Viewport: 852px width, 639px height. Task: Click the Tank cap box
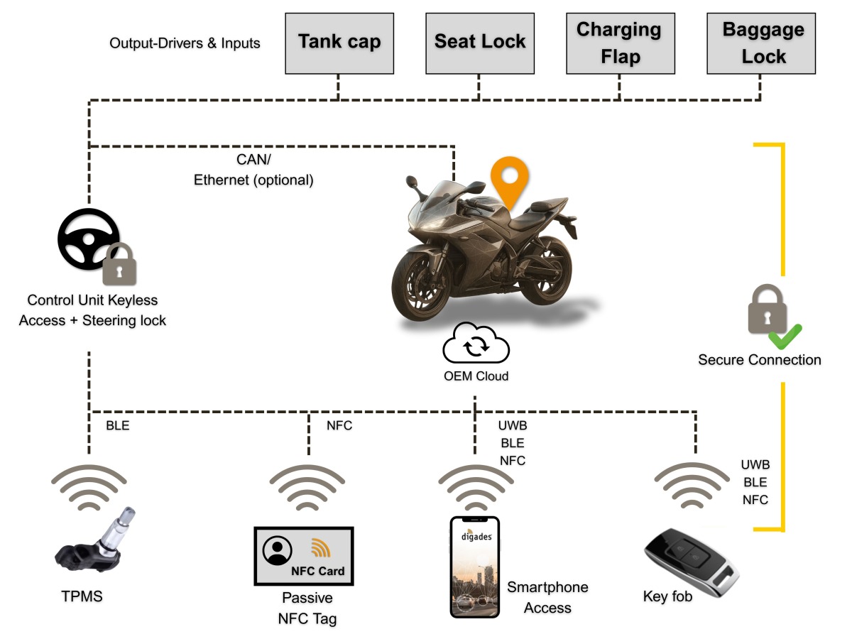click(339, 42)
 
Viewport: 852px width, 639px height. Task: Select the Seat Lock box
click(480, 42)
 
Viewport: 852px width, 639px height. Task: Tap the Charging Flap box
click(619, 42)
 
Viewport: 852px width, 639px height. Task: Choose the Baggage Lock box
click(763, 42)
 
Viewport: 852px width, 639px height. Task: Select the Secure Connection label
click(759, 360)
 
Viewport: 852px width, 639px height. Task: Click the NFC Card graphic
click(303, 556)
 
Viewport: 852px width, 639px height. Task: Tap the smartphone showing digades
click(475, 567)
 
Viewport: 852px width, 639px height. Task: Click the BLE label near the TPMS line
click(117, 426)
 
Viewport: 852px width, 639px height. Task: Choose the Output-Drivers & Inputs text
click(185, 43)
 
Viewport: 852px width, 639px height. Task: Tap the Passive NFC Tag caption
click(307, 608)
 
